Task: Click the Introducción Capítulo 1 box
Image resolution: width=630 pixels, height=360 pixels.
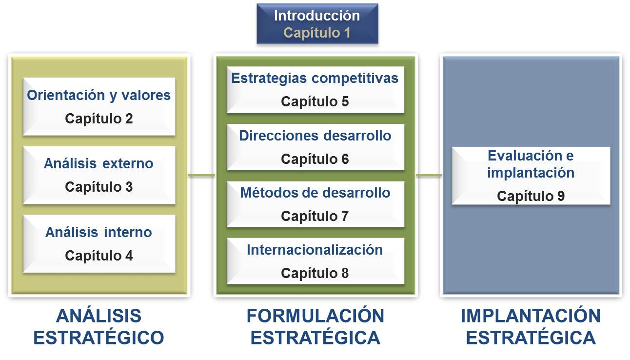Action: point(317,23)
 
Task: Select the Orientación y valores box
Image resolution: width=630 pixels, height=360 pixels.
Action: point(99,107)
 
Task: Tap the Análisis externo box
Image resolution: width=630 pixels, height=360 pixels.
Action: point(99,175)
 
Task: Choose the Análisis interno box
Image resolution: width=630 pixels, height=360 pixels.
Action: point(99,244)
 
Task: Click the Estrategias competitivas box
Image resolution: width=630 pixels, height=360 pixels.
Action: point(315,90)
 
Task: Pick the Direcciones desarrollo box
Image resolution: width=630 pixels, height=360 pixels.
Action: point(315,147)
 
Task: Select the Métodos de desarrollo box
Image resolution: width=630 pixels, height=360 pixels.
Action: point(315,204)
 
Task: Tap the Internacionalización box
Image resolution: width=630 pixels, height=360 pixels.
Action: point(315,261)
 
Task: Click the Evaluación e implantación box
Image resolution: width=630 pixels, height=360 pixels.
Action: point(531,176)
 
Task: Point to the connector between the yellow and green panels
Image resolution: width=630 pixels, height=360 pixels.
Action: point(202,176)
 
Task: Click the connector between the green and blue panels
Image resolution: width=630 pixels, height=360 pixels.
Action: point(429,176)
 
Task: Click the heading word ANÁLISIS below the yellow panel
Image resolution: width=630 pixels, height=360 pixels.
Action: point(98,316)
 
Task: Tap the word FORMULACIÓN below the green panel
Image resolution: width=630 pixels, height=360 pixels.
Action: point(315,316)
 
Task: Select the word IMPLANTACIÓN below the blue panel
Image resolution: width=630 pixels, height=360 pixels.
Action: point(531,316)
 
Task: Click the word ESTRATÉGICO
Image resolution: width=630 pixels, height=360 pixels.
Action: point(98,337)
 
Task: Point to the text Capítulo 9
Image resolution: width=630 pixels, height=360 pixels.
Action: point(531,196)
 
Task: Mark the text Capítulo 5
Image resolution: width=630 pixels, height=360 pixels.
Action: point(315,101)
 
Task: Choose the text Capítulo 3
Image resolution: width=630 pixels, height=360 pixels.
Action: point(98,187)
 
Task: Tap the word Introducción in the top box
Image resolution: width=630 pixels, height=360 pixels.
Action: point(317,16)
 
